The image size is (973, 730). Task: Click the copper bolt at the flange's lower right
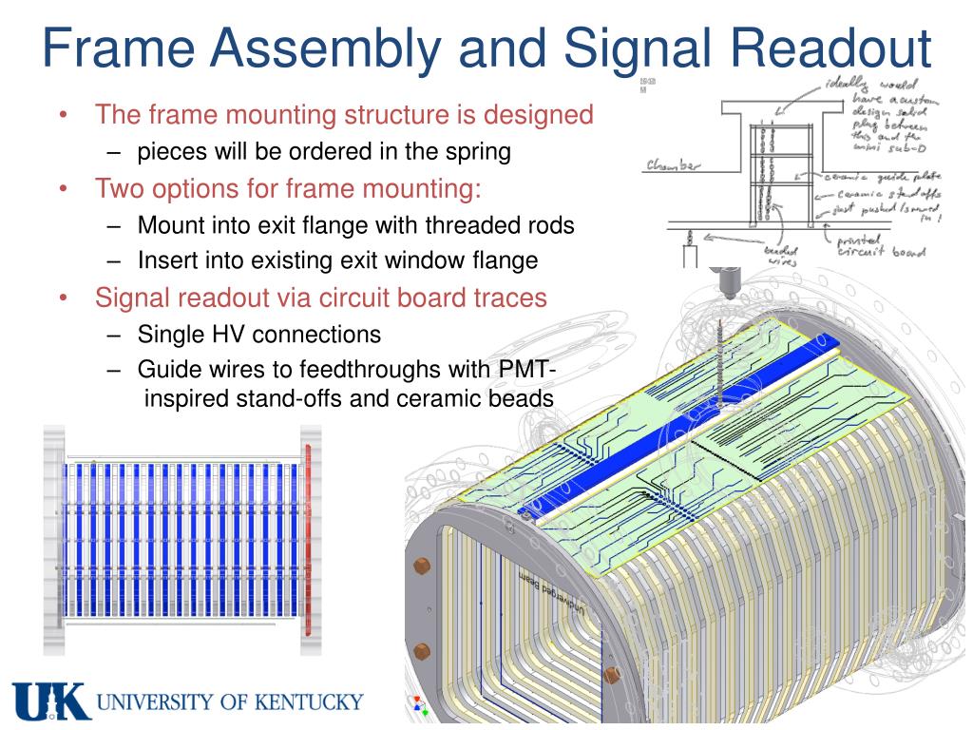614,676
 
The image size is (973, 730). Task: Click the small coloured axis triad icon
420,704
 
